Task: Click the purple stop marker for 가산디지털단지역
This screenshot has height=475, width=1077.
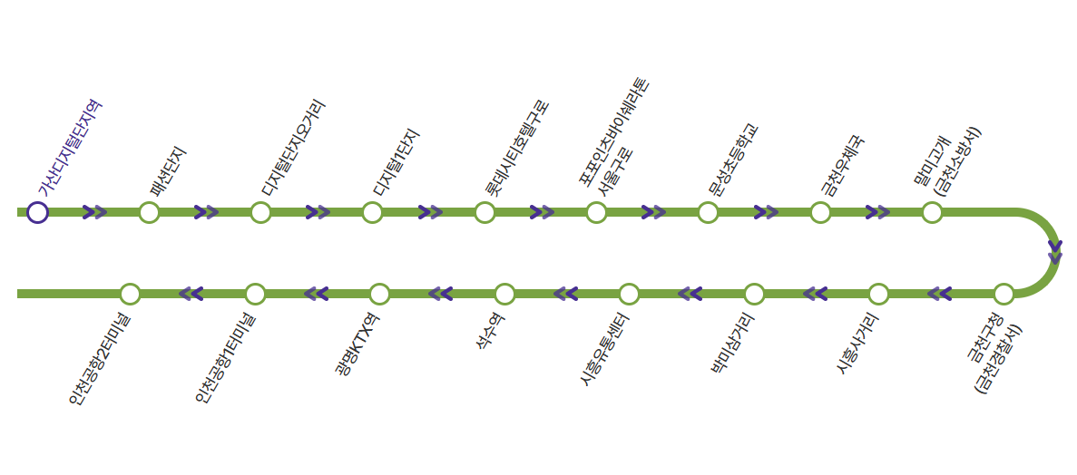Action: point(37,212)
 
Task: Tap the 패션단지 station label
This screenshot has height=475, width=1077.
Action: point(169,171)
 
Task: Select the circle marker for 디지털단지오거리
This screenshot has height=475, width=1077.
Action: point(260,212)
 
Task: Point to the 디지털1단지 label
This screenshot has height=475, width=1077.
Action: point(397,163)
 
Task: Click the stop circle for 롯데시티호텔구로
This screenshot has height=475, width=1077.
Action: point(485,212)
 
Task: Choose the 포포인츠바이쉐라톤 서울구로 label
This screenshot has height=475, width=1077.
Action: point(616,136)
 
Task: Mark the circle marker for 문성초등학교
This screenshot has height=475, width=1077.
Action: point(708,212)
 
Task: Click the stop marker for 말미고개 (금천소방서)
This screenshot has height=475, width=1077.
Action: point(932,212)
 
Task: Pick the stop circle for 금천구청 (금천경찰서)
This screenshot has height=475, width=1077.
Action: point(1004,294)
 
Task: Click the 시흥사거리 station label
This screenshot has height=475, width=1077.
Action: point(857,343)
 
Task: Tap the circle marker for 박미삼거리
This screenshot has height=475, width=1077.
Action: point(754,294)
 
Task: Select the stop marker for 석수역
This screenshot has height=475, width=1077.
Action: point(504,294)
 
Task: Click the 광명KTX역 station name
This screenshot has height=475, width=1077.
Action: point(357,344)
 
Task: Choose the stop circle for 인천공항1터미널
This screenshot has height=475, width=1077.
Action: point(255,294)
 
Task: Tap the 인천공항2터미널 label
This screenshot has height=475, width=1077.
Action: point(100,358)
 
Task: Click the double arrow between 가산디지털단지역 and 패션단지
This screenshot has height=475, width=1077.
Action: point(94,212)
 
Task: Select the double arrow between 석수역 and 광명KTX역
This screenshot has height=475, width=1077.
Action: point(441,294)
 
